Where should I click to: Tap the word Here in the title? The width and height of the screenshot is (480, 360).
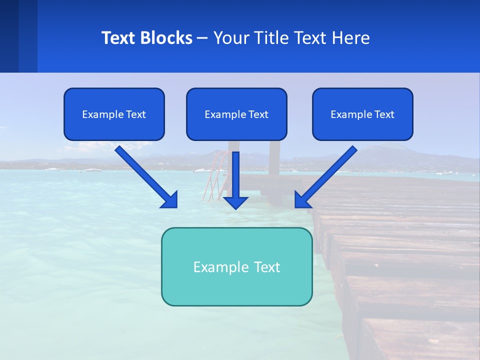coord(350,38)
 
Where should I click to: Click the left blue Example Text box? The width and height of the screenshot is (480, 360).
coord(114,114)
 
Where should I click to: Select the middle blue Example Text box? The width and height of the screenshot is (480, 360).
coord(236,114)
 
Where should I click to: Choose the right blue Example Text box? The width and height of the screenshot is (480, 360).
coord(362,114)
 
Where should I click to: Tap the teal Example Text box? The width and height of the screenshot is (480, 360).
coord(236,266)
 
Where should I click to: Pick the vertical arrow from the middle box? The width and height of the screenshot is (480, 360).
coord(235,175)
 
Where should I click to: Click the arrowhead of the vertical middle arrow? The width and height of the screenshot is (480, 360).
coord(235,202)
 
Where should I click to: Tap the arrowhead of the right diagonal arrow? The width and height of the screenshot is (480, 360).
coord(301,200)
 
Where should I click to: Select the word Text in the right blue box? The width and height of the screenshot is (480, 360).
coord(384,114)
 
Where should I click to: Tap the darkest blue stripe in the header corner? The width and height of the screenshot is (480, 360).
coord(9,36)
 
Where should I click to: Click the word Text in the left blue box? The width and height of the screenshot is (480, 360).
coord(135,114)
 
